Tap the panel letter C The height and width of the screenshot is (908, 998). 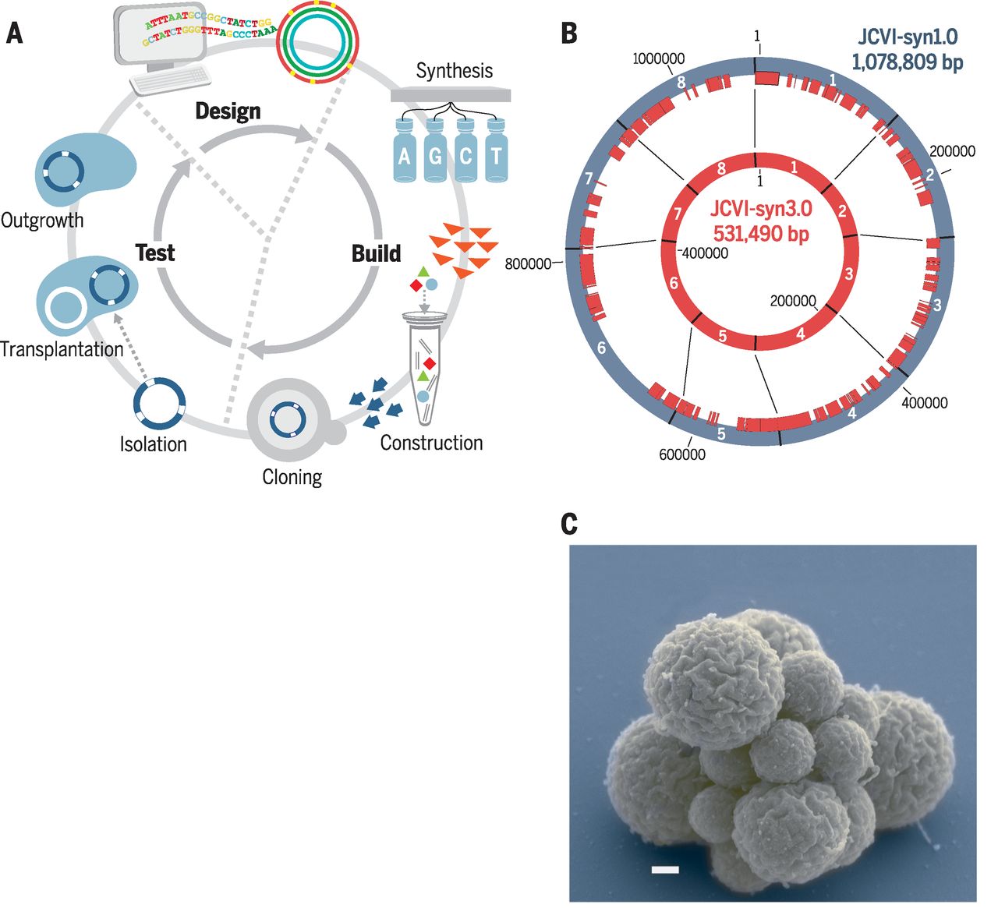(x=569, y=525)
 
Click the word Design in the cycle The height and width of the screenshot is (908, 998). (x=228, y=111)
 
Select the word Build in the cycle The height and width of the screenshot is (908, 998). (x=376, y=253)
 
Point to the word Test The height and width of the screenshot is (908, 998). (x=155, y=253)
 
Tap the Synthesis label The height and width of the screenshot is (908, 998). (x=454, y=71)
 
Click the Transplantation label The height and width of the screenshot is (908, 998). (x=62, y=349)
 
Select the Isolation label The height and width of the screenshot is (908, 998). (x=154, y=444)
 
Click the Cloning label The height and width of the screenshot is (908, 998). (x=292, y=477)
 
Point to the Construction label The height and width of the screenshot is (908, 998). (x=431, y=443)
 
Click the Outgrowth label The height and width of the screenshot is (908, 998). (x=42, y=221)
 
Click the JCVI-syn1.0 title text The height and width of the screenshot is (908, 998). (x=907, y=37)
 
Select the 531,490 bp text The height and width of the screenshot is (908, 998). (x=761, y=233)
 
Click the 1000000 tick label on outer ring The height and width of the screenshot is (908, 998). (x=659, y=58)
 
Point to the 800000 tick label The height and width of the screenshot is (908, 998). (x=528, y=263)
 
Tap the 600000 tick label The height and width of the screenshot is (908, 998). (x=682, y=454)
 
